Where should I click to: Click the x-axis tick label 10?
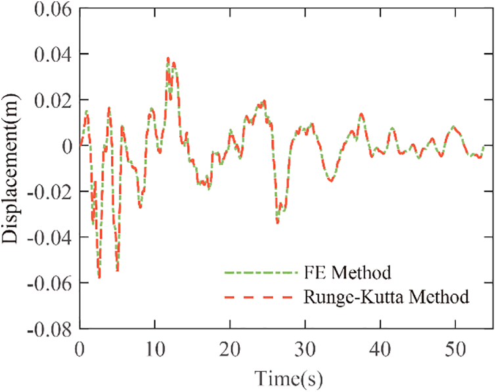pyautogui.click(x=154, y=345)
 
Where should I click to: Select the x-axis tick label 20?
pyautogui.click(x=230, y=345)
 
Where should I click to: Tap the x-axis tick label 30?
pyautogui.click(x=305, y=345)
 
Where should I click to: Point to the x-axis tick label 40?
pyautogui.click(x=380, y=345)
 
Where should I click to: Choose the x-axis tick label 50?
pyautogui.click(x=455, y=345)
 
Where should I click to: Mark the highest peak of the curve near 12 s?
pyautogui.click(x=168, y=58)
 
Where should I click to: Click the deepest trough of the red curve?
pyautogui.click(x=99, y=278)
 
